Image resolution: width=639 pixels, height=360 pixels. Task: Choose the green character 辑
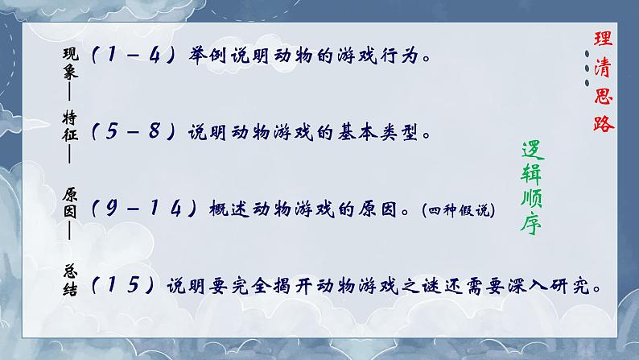click(x=530, y=173)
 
